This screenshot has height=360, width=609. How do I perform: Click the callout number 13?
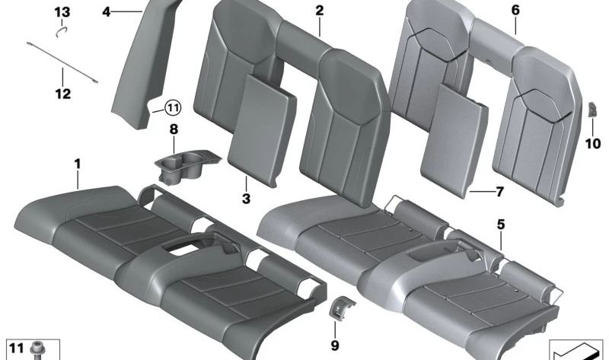[x=62, y=11]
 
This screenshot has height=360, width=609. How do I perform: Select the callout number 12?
[x=62, y=94]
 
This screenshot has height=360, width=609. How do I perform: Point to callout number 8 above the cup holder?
[x=174, y=130]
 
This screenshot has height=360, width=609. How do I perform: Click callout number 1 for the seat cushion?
[x=77, y=163]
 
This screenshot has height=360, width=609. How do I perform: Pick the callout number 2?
[x=319, y=11]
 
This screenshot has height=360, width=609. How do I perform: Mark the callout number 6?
[x=515, y=11]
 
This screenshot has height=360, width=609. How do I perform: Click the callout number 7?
[x=499, y=192]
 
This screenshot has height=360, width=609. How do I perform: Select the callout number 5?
[x=500, y=225]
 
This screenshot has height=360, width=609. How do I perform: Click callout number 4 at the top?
[x=106, y=11]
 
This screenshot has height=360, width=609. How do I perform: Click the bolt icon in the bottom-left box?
[x=36, y=351]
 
